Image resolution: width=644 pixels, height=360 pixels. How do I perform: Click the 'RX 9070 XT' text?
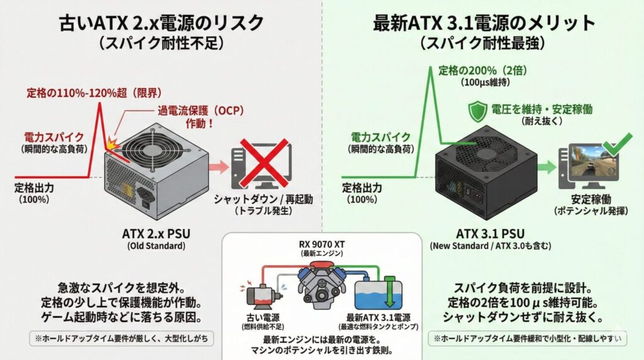coord(322,245)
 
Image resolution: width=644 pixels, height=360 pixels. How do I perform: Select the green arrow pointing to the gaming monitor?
coord(547,167)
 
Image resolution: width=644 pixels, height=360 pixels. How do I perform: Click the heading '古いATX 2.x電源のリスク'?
coord(161,23)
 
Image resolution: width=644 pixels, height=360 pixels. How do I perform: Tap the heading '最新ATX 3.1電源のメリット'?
coord(484,23)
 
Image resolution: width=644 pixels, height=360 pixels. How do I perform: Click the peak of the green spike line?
coord(430,65)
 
